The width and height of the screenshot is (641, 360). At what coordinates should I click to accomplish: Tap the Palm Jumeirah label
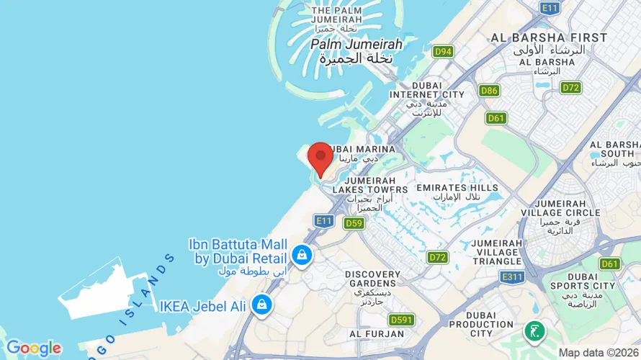(x=356, y=44)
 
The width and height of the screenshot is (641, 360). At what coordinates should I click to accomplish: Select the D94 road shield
(x=443, y=52)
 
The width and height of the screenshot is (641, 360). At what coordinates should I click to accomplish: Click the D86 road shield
(x=490, y=91)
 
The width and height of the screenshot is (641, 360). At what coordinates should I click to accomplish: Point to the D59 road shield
(x=353, y=223)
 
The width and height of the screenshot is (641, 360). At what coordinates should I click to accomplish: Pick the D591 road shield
(x=401, y=320)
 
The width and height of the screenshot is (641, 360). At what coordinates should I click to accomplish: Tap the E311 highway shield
(x=512, y=276)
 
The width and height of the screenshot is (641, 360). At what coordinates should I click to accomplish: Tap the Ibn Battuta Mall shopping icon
(x=301, y=254)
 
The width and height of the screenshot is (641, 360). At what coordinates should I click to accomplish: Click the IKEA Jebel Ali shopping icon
(x=261, y=305)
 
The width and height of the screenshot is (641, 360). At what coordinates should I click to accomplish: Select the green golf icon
(x=534, y=330)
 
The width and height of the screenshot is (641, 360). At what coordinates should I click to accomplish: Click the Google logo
(x=33, y=348)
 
